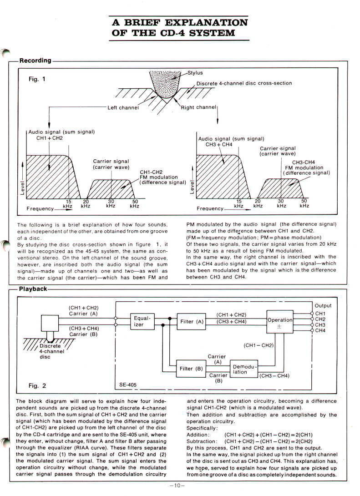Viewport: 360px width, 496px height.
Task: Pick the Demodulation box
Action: (245, 369)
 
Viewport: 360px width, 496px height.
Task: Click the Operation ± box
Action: (279, 323)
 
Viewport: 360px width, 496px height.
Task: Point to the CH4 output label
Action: (320, 331)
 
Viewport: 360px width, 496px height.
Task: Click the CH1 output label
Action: (320, 314)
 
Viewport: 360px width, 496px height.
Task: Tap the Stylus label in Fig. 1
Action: (195, 72)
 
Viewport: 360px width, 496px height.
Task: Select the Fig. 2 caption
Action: (37, 386)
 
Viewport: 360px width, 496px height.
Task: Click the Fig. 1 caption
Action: (37, 79)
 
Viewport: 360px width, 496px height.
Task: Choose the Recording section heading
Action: (35, 61)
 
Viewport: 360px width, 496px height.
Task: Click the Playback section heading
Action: (33, 288)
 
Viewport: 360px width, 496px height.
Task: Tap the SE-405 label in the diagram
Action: (127, 385)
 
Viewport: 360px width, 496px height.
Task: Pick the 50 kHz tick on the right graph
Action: (304, 203)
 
